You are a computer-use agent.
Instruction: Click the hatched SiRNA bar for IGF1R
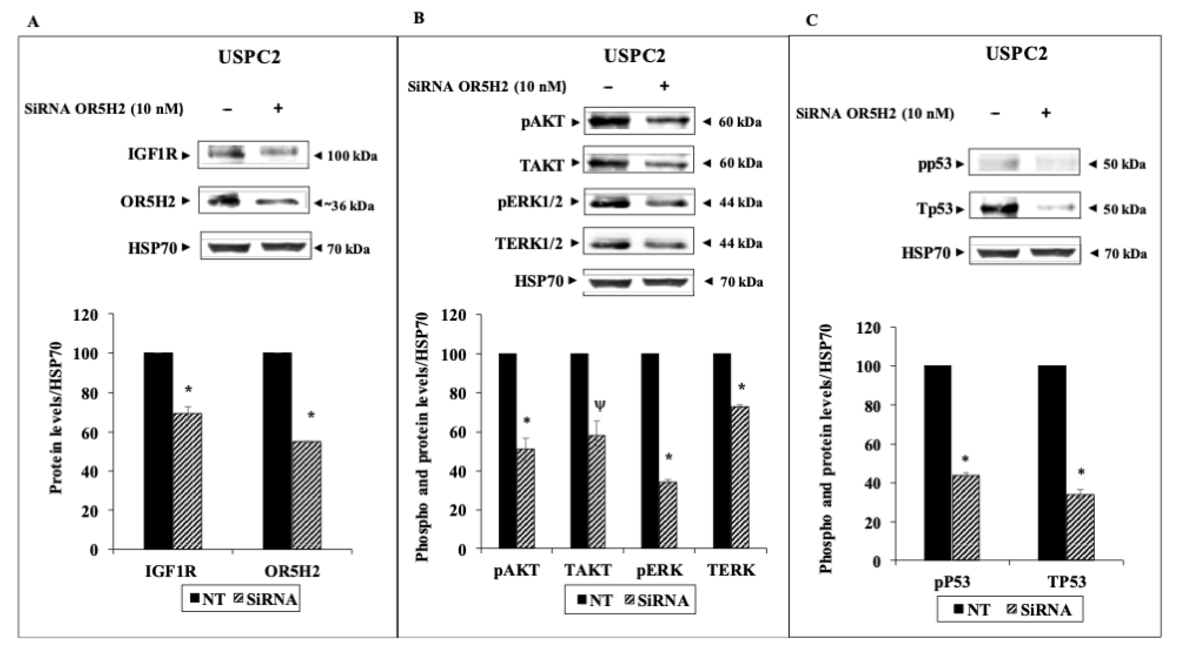pos(187,480)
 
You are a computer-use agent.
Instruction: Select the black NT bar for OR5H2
pos(277,451)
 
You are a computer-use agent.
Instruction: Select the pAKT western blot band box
pos(639,121)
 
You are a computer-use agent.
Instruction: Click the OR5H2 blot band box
pos(254,200)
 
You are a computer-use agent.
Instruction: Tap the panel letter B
pos(418,18)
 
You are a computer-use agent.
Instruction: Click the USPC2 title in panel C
pos(1016,54)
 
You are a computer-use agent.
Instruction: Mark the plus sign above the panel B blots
pos(664,86)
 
